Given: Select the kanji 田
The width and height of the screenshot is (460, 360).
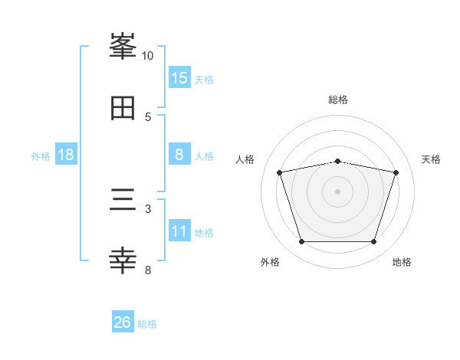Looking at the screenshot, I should point(123,108).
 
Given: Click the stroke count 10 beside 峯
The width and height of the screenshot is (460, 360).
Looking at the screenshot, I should point(148,56).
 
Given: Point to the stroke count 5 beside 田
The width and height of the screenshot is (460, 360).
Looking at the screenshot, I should point(148,116).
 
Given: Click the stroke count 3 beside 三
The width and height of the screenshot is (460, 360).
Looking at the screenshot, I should point(148,208).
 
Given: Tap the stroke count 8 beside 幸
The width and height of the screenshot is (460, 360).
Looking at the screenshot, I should point(148,270).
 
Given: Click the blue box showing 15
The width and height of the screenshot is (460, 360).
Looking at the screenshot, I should point(179,77).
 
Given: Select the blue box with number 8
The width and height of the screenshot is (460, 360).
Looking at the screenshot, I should point(179,155).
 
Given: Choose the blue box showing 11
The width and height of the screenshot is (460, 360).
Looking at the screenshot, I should point(179,231).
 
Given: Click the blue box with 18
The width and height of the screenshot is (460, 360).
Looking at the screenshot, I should point(66,155).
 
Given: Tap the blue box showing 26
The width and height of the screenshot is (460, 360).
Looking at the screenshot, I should point(123,322).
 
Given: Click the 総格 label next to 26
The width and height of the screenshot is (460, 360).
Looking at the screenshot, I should point(148,324).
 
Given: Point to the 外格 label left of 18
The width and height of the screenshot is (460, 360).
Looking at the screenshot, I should point(41,156).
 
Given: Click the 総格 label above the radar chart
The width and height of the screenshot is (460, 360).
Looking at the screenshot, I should point(337,100).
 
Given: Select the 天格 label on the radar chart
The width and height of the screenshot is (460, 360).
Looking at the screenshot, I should point(431,159).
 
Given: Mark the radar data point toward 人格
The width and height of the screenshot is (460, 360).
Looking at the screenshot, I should point(280,172).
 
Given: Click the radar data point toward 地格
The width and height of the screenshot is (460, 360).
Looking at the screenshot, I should point(373,242).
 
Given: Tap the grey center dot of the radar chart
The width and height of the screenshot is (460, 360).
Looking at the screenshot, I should point(337,191).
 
